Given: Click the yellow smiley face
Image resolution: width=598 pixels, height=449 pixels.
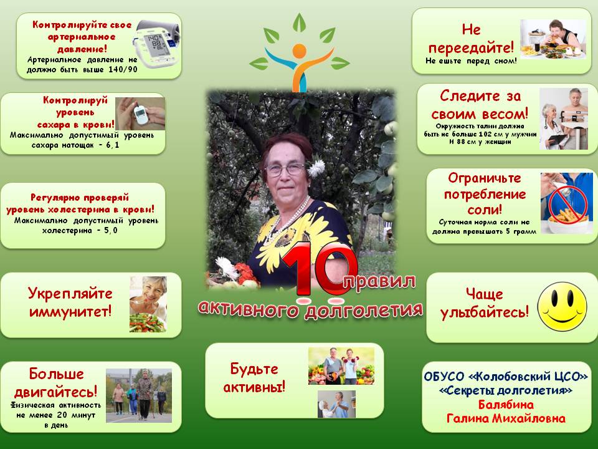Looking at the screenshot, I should click(562, 306).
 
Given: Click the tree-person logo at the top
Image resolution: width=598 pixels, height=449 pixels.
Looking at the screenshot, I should click(300, 53).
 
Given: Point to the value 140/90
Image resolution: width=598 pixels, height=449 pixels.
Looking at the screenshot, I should click(121, 70).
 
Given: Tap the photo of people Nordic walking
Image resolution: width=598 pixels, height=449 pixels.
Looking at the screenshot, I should click(138, 395).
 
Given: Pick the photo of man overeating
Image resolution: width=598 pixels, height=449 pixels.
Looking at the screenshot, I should click(553, 39).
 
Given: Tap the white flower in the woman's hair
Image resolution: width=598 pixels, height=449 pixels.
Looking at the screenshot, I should click(317, 167).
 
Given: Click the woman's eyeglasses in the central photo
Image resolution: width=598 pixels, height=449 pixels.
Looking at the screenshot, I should click(285, 170).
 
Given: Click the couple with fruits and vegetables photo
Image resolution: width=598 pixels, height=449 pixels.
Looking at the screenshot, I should click(341, 365).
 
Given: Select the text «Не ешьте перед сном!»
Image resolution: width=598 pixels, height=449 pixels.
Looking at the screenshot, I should click(471, 61).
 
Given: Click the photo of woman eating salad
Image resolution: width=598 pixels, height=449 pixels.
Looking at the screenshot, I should click(148, 304).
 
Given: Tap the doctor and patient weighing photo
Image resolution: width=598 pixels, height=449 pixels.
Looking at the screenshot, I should click(563, 118).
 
